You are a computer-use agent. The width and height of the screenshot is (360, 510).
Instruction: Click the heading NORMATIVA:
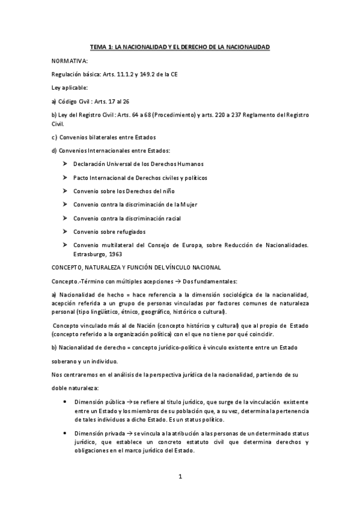click(x=70, y=61)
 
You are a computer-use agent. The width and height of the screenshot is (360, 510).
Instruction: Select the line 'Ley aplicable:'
click(x=70, y=87)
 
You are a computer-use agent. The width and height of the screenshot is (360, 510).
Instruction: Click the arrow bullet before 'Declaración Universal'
click(x=64, y=164)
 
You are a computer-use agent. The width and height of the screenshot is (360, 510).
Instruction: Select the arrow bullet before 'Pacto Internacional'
click(x=64, y=177)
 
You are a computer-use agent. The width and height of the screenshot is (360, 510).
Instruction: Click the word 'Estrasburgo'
click(x=92, y=254)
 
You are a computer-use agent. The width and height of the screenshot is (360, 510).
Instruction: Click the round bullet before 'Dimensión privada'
click(x=64, y=433)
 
